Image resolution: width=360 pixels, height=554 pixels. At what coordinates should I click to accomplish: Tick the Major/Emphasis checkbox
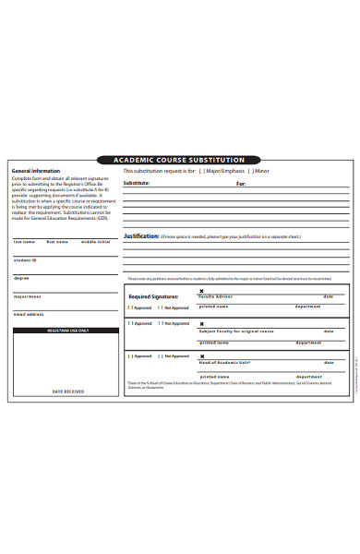click(204, 172)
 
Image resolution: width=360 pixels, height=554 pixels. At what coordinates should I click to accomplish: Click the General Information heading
click(35, 171)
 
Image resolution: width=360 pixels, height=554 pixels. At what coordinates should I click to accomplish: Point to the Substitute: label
click(136, 184)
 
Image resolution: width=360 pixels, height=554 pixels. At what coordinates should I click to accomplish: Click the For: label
click(241, 184)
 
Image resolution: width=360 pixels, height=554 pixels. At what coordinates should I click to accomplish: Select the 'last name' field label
click(24, 242)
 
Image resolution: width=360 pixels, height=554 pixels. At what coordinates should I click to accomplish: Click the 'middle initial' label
click(95, 242)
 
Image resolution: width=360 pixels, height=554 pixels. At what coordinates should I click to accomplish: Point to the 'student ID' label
click(25, 259)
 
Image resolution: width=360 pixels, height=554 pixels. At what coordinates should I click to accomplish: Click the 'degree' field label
click(21, 277)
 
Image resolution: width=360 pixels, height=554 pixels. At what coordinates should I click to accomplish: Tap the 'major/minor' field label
click(28, 295)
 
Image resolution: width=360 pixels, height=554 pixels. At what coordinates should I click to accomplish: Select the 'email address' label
click(29, 314)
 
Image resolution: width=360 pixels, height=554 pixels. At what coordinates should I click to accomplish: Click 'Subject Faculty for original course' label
click(236, 331)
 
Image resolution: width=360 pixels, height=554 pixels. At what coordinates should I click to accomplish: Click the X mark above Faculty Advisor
click(201, 290)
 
